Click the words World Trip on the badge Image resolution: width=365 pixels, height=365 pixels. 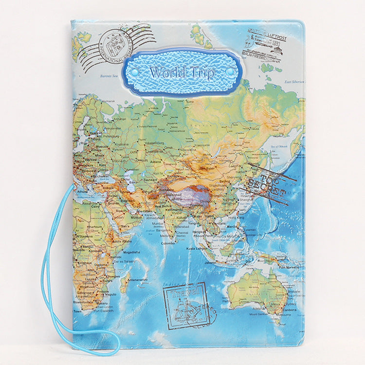point(182,73)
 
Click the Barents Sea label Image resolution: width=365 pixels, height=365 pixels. point(109,76)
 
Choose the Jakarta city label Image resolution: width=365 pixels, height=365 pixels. point(210,262)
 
